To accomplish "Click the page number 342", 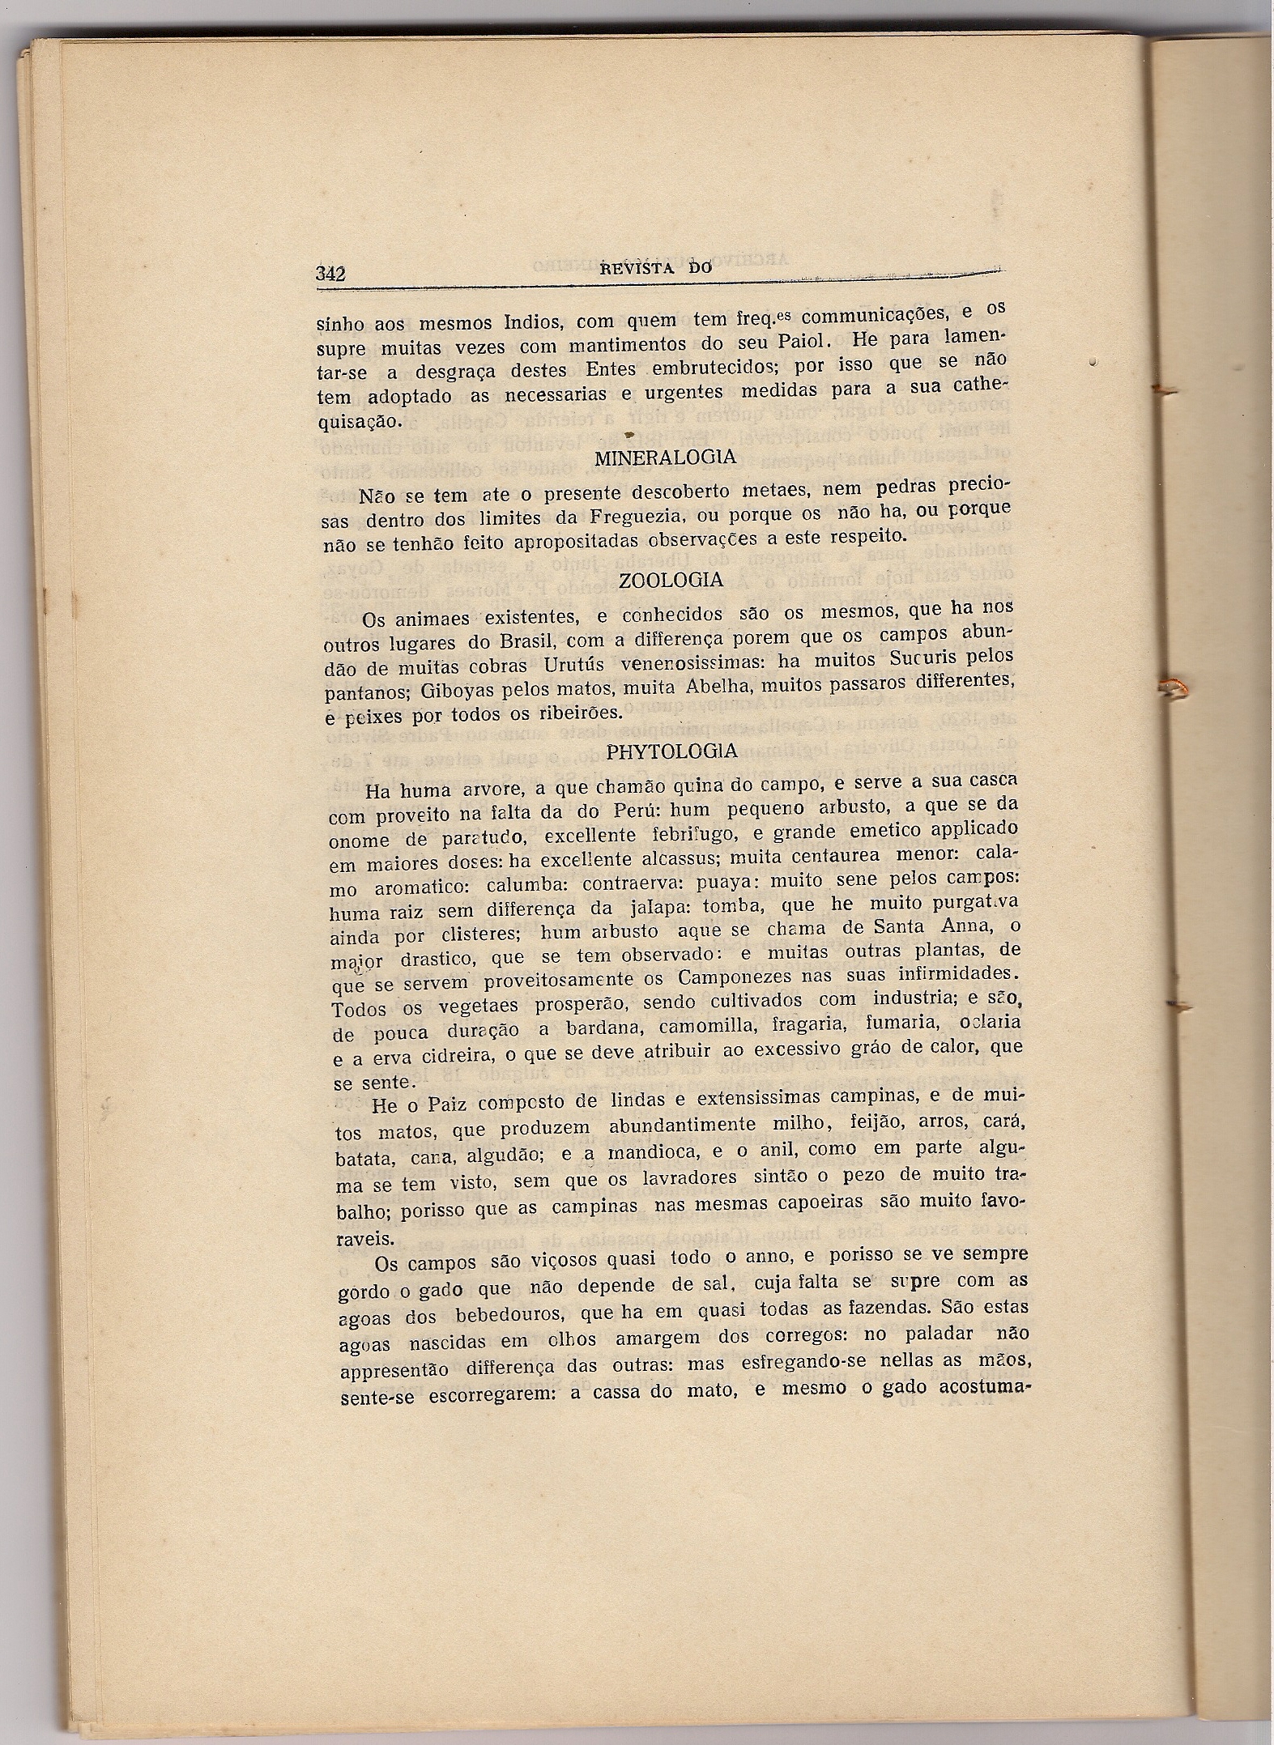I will tap(330, 274).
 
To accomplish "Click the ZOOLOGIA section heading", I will tap(670, 581).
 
